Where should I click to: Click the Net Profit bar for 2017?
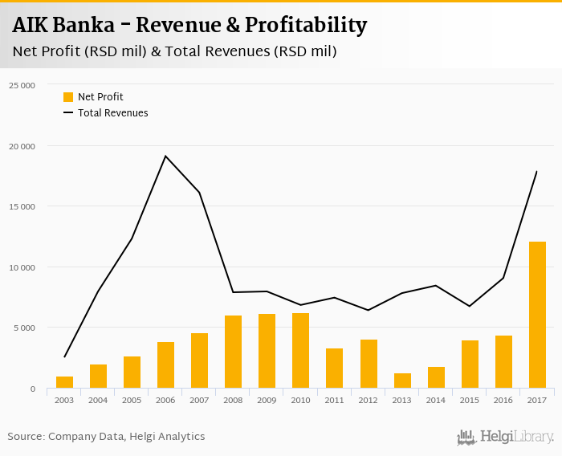[537, 315]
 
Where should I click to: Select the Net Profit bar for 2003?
[64, 382]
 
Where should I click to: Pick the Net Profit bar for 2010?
[301, 351]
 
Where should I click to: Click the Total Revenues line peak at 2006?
[165, 156]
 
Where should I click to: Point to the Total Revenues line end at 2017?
[536, 171]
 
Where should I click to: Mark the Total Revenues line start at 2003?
[64, 356]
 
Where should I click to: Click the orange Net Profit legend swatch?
[68, 97]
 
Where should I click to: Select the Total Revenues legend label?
[112, 113]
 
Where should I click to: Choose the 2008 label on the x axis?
[233, 400]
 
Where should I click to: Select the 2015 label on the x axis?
[470, 400]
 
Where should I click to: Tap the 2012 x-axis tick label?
[369, 400]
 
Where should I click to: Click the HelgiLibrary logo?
[506, 437]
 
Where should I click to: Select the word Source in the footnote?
[26, 437]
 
